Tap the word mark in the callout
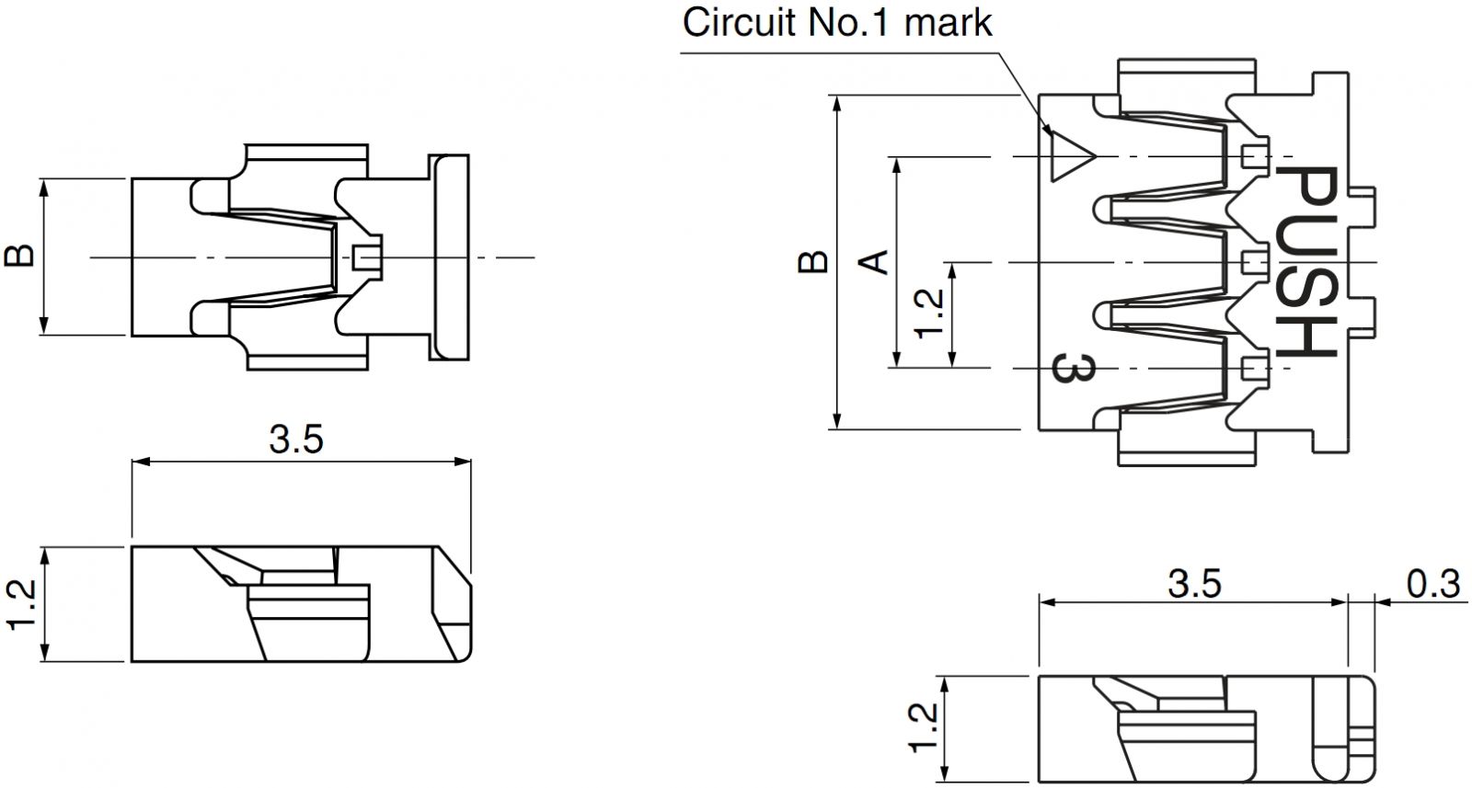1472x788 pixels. point(949,23)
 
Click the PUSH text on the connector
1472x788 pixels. point(1307,262)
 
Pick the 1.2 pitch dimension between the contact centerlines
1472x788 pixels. point(930,314)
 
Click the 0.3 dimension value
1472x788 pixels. point(1433,584)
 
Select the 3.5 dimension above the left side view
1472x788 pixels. point(296,440)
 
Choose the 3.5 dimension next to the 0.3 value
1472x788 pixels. point(1194,584)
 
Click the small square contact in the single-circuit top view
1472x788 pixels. point(367,257)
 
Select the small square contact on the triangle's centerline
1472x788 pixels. point(1254,156)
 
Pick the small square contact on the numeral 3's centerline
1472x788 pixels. point(1254,369)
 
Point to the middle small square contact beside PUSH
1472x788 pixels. point(1254,263)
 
